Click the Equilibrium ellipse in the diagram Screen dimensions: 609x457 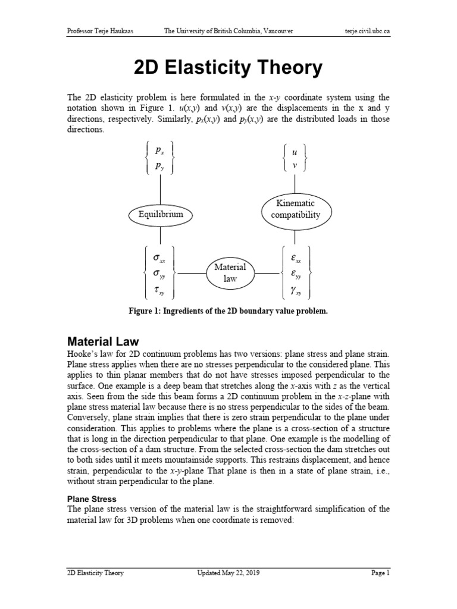(159, 214)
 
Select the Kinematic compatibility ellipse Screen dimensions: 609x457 (296, 209)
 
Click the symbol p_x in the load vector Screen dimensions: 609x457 (160, 150)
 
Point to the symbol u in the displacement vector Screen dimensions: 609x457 (295, 152)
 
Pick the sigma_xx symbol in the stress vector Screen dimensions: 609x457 (159, 259)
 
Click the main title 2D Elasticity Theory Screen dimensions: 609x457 (228, 68)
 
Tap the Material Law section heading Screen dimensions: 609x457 (102, 341)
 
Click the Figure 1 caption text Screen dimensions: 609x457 (228, 311)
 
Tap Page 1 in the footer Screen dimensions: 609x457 (380, 573)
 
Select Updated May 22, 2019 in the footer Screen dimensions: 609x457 (228, 573)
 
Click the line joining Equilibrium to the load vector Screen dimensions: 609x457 (159, 190)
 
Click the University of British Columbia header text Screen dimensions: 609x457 (228, 31)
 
